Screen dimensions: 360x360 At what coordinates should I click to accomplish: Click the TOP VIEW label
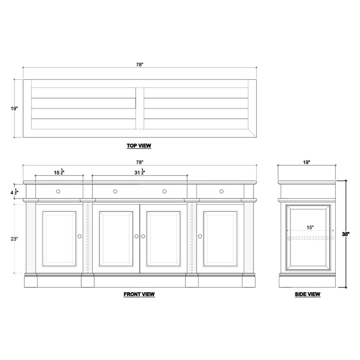click(139, 146)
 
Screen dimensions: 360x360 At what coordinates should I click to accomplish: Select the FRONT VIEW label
click(139, 294)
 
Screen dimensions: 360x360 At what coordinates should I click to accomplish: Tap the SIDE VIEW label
click(308, 294)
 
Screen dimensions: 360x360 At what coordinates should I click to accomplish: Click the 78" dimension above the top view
click(139, 64)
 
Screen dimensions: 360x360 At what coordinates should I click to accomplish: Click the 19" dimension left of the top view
click(14, 109)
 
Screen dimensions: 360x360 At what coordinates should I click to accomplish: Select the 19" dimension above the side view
click(307, 162)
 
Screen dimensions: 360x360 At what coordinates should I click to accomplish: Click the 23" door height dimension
click(14, 239)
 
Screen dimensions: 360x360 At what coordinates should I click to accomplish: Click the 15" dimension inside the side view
click(310, 227)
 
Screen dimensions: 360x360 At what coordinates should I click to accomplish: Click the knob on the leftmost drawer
click(58, 191)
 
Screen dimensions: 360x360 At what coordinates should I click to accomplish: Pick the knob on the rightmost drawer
click(221, 191)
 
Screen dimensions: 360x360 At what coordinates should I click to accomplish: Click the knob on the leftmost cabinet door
click(80, 237)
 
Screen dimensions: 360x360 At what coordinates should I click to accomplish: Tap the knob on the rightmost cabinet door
click(200, 237)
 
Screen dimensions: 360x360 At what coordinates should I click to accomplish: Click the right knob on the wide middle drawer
click(165, 191)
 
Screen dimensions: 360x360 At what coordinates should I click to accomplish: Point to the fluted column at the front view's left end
click(29, 239)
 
